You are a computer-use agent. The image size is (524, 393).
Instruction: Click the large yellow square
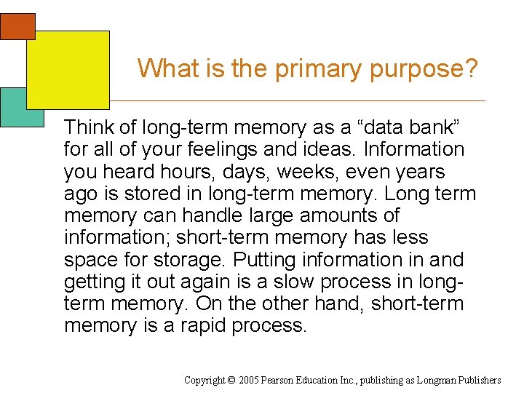click(x=68, y=70)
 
